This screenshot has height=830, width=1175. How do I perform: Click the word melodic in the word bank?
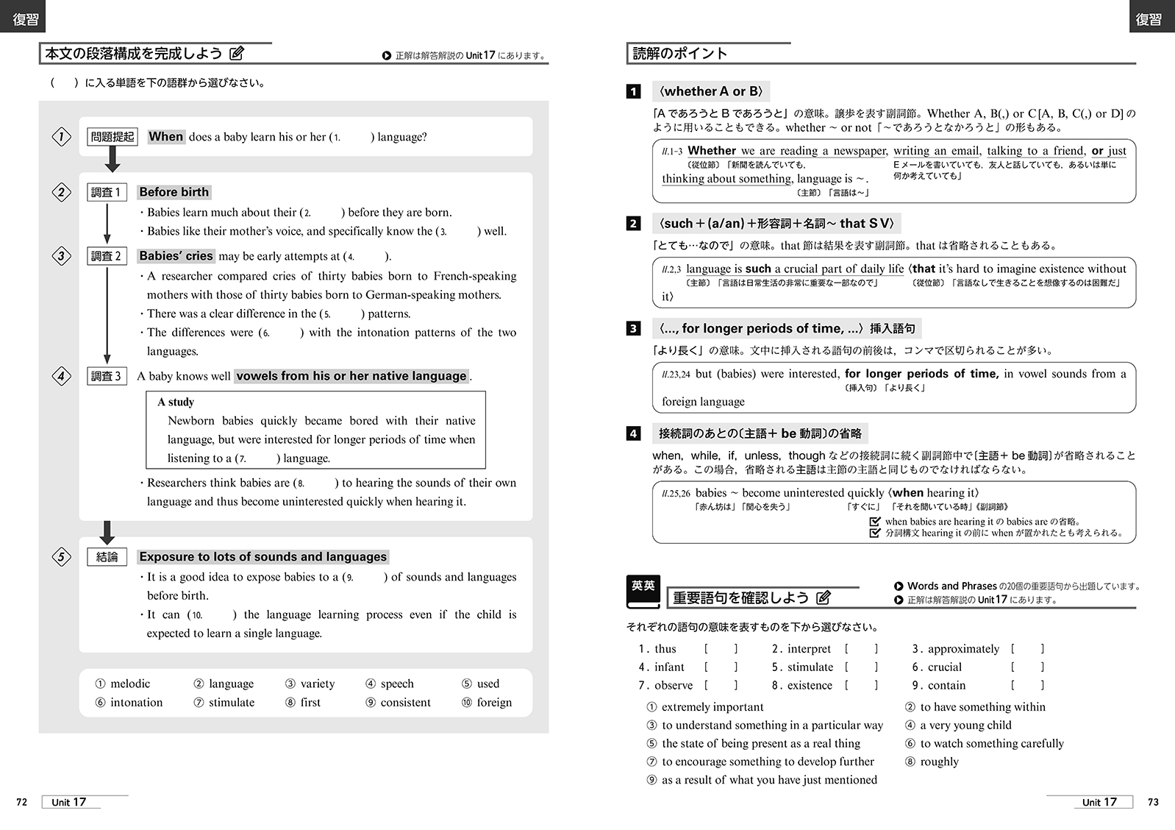129,684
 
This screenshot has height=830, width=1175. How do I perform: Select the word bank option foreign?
494,702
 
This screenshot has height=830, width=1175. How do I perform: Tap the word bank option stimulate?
231,702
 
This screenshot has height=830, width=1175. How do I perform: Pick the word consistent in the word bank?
405,702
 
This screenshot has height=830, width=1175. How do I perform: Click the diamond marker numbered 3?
62,256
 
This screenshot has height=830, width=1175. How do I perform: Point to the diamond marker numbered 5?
62,557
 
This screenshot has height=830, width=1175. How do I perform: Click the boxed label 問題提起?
113,137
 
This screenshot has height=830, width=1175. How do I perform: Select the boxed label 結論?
107,557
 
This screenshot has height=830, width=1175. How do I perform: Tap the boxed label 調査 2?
107,256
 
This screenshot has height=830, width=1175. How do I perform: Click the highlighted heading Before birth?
174,192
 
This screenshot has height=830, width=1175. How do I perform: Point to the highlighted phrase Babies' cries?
176,256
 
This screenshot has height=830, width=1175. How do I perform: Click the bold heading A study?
176,402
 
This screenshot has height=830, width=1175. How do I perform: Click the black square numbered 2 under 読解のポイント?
633,224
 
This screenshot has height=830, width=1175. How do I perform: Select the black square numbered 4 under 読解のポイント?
633,433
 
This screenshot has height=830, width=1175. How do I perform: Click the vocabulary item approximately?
963,648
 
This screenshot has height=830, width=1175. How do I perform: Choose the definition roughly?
939,762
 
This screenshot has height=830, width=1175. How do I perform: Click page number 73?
1153,802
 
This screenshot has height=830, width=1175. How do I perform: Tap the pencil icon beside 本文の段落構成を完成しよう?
237,53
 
